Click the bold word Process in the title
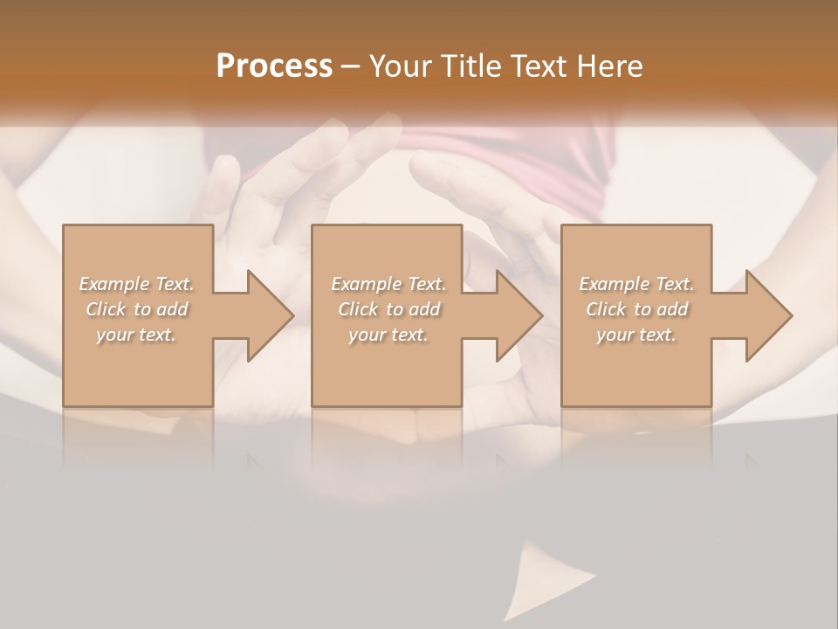point(274,66)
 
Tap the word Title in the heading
point(468,66)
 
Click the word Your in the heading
point(398,66)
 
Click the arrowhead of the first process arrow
point(271,315)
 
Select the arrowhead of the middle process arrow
point(519,315)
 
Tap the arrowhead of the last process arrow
point(769,315)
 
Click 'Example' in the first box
point(114,284)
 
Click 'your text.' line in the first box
point(136,335)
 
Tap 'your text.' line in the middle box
point(388,335)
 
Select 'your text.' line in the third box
point(636,335)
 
